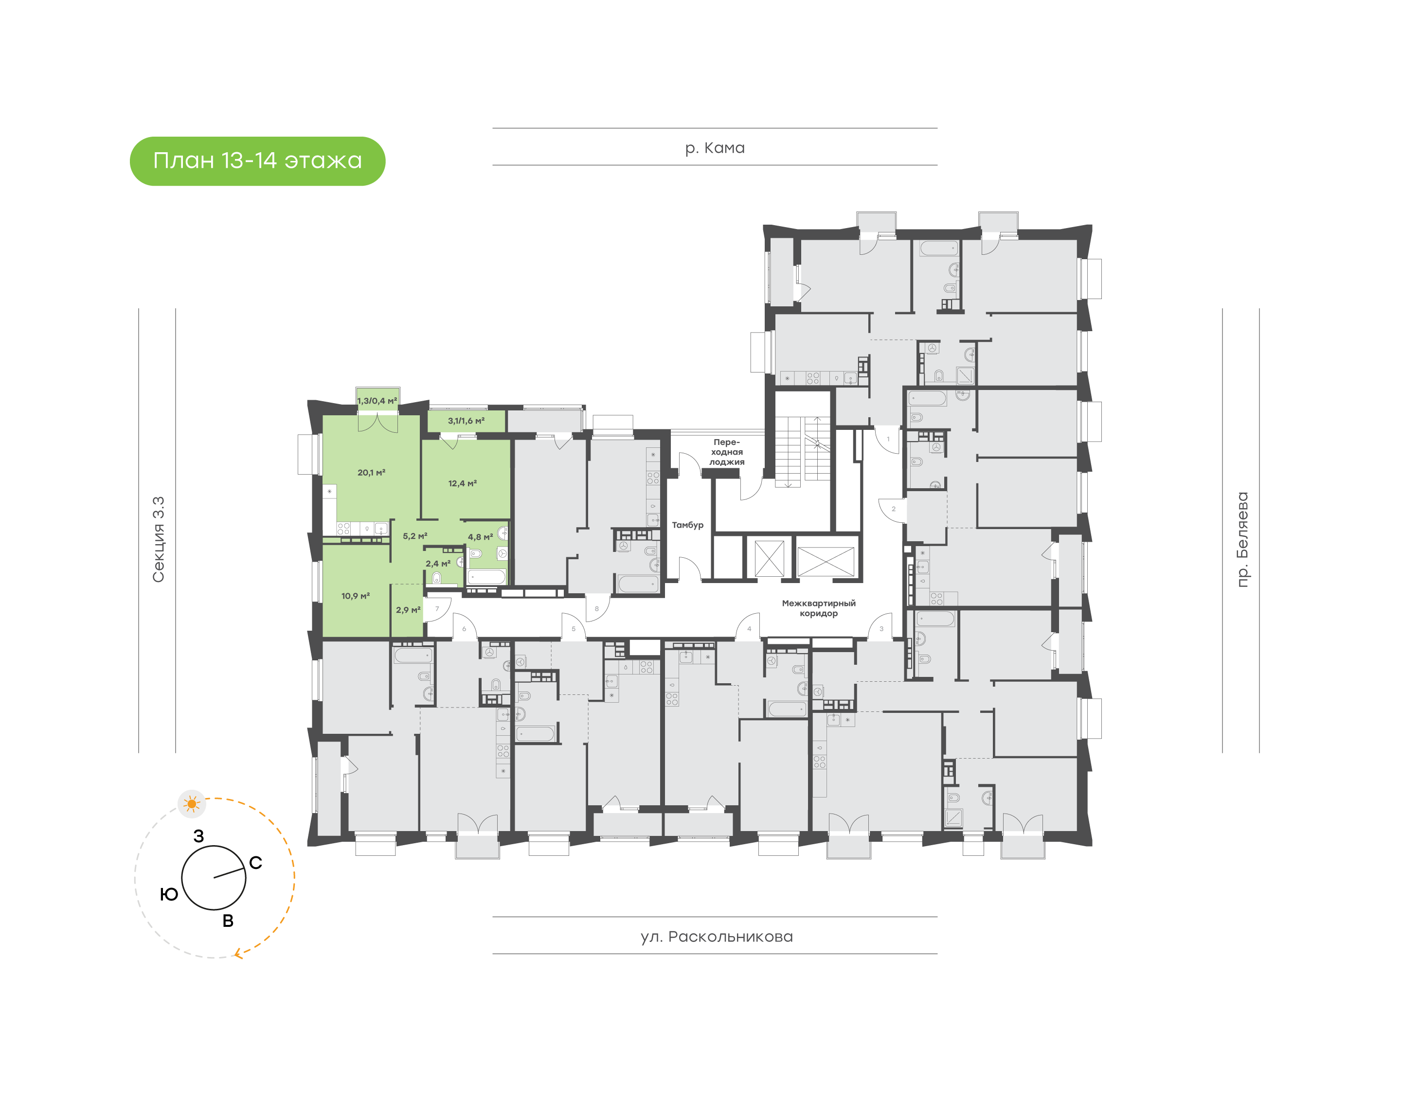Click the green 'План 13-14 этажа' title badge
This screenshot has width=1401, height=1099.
coord(257,161)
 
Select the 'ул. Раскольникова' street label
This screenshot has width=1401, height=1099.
coord(716,937)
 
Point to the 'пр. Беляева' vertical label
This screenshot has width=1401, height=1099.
coord(1242,539)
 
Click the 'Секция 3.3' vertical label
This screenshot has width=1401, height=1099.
coord(158,539)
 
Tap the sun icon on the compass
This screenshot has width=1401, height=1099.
coord(192,804)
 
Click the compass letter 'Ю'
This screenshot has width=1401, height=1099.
coord(169,894)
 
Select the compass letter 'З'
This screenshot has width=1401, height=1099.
coord(199,836)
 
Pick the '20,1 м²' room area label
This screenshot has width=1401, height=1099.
coord(371,472)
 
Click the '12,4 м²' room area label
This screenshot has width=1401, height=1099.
coord(463,483)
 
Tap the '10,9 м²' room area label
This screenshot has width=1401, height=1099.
coord(355,596)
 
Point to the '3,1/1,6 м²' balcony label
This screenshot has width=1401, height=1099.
coord(466,421)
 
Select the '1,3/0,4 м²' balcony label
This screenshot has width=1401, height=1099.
coord(377,401)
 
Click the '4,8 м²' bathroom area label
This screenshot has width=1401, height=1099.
coord(480,537)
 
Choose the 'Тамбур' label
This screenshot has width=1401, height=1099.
coord(687,525)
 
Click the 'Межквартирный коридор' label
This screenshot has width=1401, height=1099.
coord(819,608)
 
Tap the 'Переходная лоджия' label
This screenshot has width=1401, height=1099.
coord(727,452)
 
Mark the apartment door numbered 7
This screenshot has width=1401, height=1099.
coord(437,609)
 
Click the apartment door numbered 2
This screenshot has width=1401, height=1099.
coord(893,509)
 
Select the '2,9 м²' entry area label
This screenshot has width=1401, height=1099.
coord(408,610)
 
